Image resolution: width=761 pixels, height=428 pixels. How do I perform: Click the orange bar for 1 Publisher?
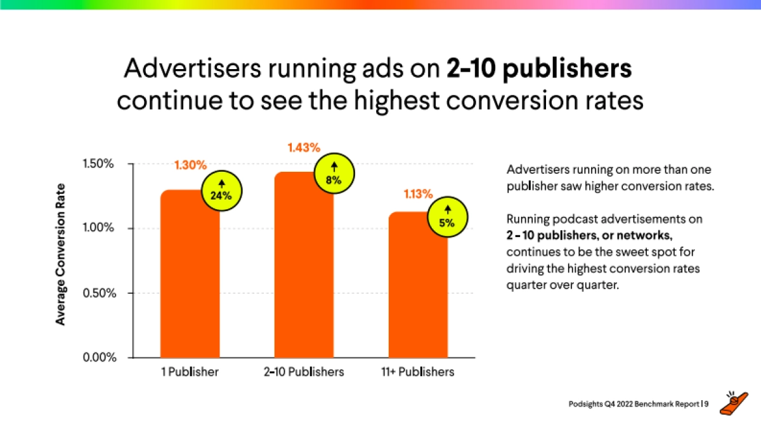190,279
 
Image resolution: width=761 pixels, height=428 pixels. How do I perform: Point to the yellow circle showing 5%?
448,216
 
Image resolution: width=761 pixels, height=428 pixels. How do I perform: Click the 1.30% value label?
190,165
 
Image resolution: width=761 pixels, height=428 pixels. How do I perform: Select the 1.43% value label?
304,148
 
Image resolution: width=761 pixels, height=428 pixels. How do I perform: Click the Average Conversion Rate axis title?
61,254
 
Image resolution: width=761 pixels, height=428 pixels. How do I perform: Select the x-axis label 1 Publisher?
190,372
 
